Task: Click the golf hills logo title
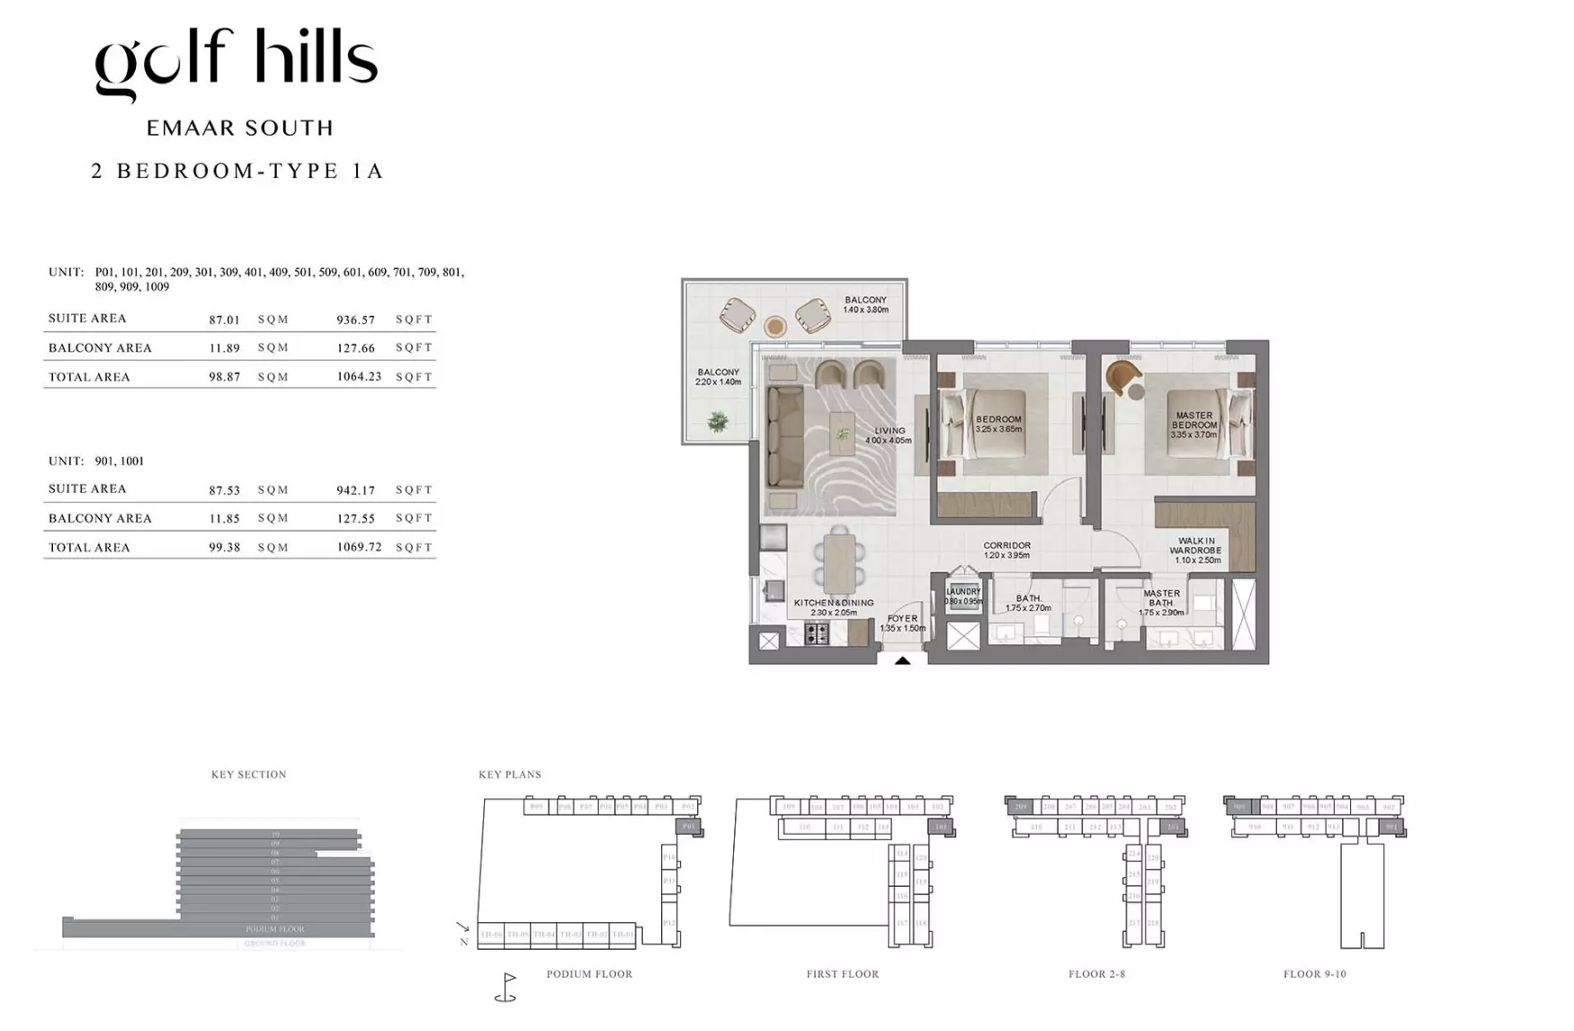[x=236, y=63]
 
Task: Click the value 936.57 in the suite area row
[x=355, y=319]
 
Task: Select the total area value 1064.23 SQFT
[x=359, y=377]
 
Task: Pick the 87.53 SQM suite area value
[x=224, y=490]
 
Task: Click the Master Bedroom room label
[x=1194, y=425]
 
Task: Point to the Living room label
[x=889, y=435]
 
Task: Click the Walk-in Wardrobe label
[x=1196, y=550]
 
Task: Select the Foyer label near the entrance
[x=902, y=623]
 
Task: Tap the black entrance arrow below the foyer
[x=902, y=661]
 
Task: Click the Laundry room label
[x=963, y=596]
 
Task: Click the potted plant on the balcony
[x=717, y=421]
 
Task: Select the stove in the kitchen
[x=816, y=633]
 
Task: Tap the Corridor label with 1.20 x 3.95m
[x=1006, y=550]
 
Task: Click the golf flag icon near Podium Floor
[x=506, y=986]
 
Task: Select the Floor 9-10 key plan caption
[x=1314, y=973]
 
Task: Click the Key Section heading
[x=248, y=774]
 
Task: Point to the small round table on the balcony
[x=774, y=326]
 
